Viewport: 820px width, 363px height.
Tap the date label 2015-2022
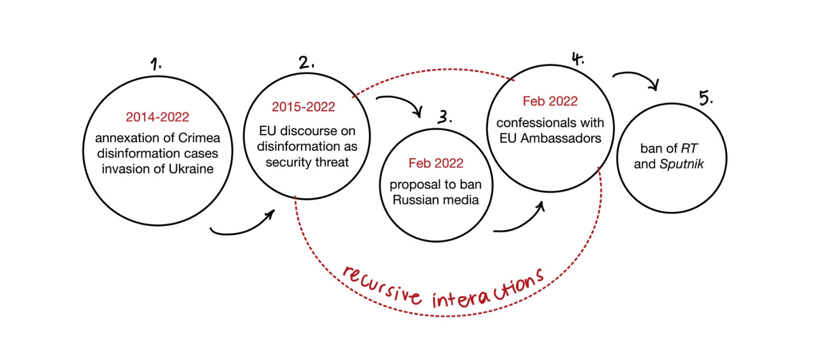tap(303, 107)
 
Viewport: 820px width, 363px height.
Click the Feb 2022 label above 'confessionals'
tap(550, 101)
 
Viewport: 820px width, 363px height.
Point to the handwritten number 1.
tap(156, 65)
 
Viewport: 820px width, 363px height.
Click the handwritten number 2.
tap(306, 63)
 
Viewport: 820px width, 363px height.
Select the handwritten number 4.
tap(577, 58)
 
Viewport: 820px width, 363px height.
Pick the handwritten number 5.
tap(705, 98)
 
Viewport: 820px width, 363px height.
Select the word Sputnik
tap(685, 164)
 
